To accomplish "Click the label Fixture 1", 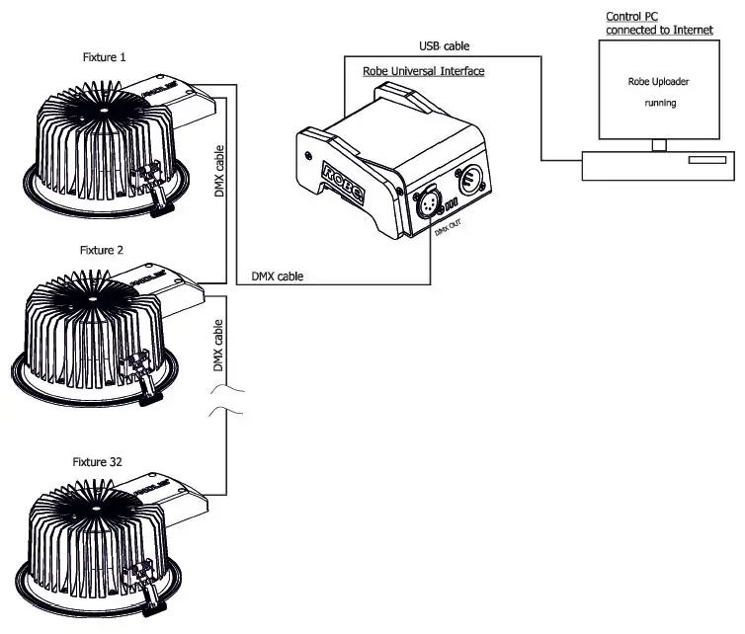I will (102, 57).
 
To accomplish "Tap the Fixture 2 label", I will (102, 251).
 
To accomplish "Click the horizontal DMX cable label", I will (276, 277).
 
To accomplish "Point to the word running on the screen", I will (658, 103).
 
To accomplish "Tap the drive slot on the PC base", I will (706, 160).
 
